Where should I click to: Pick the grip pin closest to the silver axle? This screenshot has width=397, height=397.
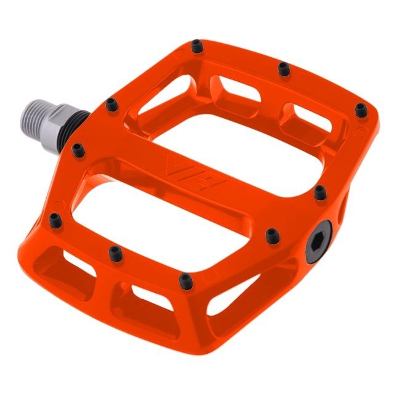coord(111,105)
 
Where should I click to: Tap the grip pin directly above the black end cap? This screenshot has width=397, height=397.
coord(319,193)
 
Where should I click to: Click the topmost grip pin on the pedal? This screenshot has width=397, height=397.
coord(196,47)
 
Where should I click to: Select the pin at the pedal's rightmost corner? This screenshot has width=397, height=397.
coord(360,110)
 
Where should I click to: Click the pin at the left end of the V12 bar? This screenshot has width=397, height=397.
coord(78,150)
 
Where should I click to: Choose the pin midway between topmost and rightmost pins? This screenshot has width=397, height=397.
coord(283,69)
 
